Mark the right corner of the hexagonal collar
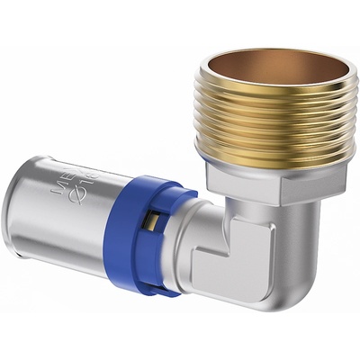(x=345, y=171)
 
